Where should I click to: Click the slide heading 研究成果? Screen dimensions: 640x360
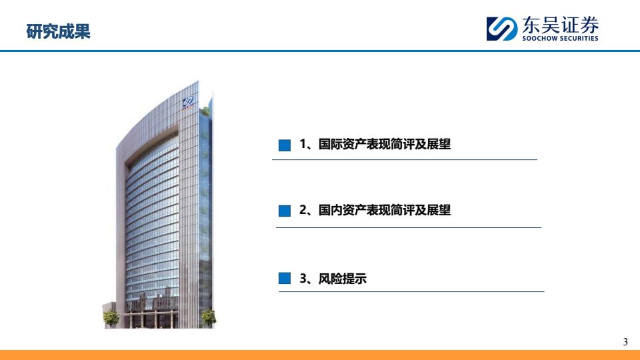point(59,31)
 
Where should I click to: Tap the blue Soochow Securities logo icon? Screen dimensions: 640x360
point(501,29)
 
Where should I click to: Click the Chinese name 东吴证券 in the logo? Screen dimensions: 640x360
point(561,25)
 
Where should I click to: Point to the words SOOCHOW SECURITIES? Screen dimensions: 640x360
point(561,39)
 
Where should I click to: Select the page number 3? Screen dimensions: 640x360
point(625,342)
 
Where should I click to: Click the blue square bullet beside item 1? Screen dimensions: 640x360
point(285,145)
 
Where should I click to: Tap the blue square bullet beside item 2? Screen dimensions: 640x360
point(285,211)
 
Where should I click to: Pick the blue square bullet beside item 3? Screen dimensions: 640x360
point(285,279)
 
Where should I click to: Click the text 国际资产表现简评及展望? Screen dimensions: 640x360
point(385,144)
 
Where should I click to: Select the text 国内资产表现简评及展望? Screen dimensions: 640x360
point(385,210)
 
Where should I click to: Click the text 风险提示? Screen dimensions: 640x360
point(343,279)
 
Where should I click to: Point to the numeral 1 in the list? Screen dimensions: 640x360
point(303,144)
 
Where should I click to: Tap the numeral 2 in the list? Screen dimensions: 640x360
point(303,210)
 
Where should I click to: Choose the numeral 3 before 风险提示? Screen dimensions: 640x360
point(303,279)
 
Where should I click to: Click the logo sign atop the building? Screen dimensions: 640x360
point(189,102)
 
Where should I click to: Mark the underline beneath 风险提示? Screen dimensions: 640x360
point(411,291)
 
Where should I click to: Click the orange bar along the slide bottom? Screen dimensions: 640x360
point(320,355)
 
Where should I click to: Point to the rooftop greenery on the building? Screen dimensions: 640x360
point(205,110)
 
